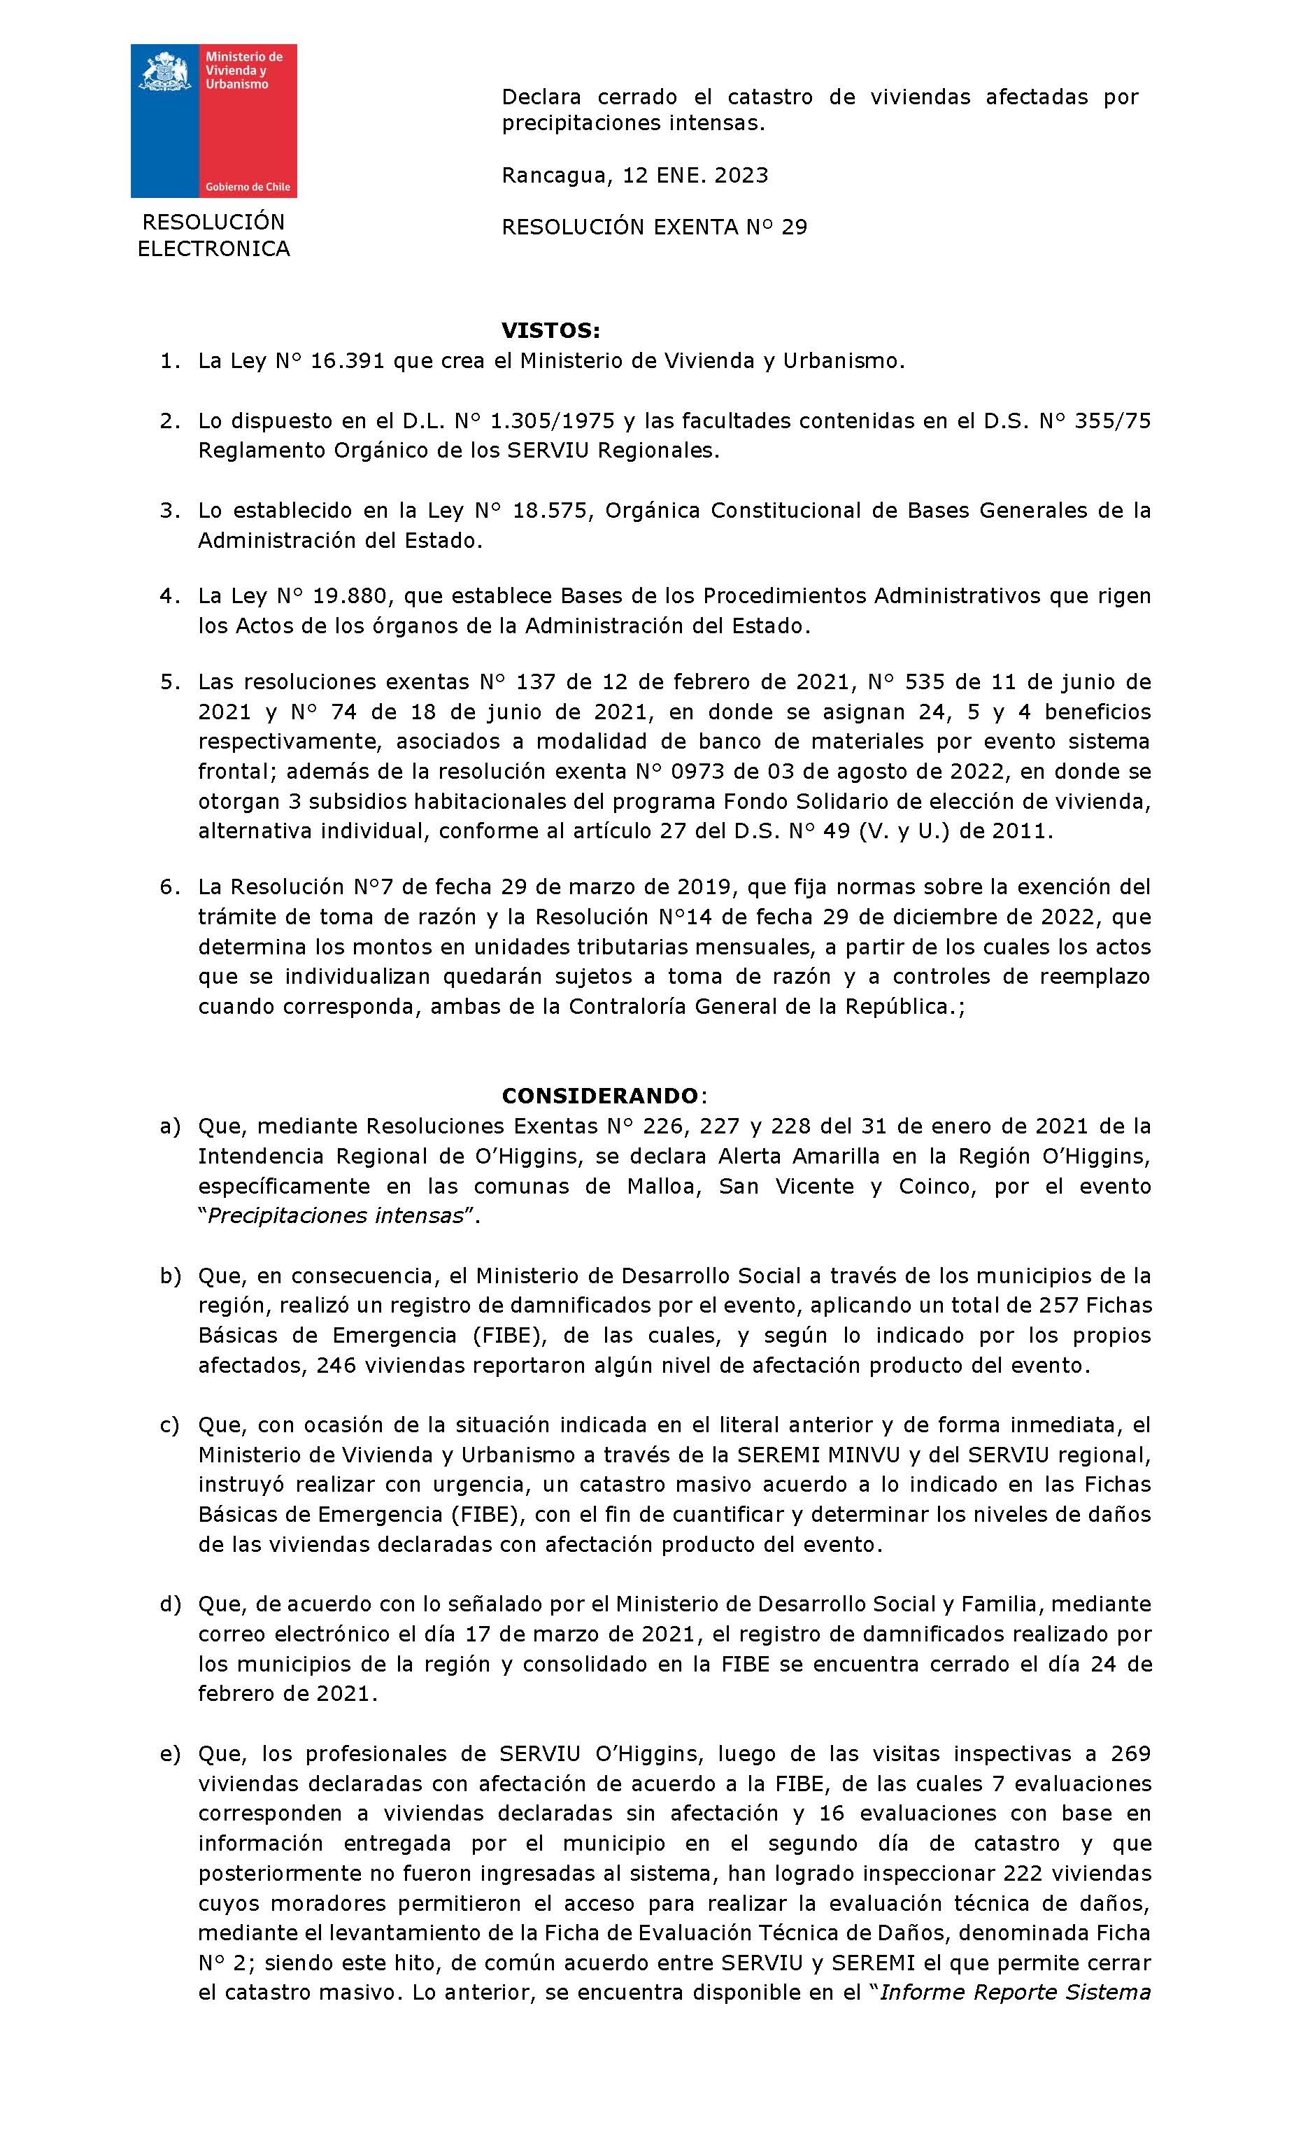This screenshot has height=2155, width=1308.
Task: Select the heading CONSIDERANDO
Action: point(600,1096)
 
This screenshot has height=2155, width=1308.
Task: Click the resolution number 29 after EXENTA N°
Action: point(794,227)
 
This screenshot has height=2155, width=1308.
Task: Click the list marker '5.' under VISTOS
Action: point(169,681)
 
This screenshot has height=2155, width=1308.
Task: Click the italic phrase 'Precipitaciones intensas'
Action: point(335,1216)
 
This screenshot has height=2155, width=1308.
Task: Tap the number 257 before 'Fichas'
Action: point(1035,1305)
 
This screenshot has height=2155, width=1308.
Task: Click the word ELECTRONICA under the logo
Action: point(213,249)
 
